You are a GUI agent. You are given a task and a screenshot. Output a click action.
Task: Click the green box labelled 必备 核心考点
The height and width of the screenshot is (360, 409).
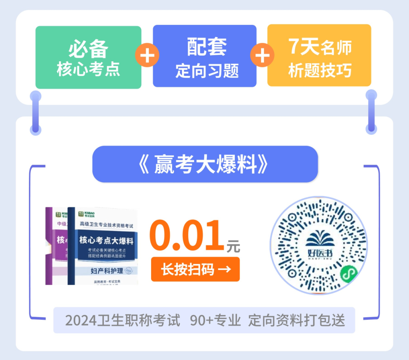click(88, 57)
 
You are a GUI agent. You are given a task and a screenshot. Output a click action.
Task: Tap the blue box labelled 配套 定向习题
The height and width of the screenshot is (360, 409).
click(204, 56)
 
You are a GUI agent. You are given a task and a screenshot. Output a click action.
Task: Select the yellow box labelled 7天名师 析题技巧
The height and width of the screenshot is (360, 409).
click(319, 55)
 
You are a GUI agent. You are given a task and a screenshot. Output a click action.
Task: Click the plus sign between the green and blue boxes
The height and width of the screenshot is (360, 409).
click(147, 56)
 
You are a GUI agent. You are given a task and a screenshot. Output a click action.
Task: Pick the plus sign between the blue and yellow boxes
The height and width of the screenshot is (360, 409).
click(262, 56)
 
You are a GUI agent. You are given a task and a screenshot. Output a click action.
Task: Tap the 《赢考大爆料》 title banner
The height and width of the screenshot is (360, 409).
click(205, 164)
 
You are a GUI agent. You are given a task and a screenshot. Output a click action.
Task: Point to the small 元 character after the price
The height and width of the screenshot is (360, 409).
click(233, 246)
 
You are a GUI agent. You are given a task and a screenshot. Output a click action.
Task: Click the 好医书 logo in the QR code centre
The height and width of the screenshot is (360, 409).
click(318, 245)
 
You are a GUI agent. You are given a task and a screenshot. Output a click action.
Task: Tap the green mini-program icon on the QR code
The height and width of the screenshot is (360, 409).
click(347, 274)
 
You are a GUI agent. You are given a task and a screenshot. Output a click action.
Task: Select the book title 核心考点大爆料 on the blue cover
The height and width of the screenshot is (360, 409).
click(106, 240)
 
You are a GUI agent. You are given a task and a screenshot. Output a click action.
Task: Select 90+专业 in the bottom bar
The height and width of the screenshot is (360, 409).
click(215, 320)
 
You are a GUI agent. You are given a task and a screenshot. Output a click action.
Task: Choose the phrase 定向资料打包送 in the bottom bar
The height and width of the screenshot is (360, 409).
click(297, 320)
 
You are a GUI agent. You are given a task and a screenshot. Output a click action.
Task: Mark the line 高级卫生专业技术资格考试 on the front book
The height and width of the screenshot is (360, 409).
click(106, 226)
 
